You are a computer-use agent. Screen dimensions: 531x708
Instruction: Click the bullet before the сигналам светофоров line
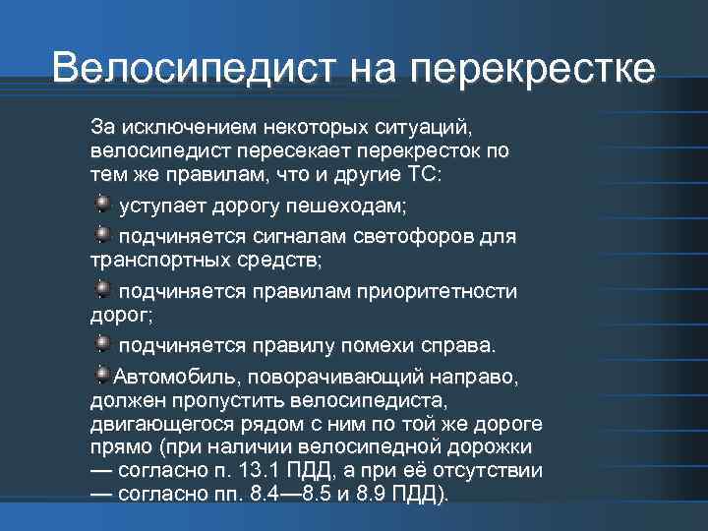pos(104,232)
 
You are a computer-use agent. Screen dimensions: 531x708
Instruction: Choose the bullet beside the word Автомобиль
pos(103,374)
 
